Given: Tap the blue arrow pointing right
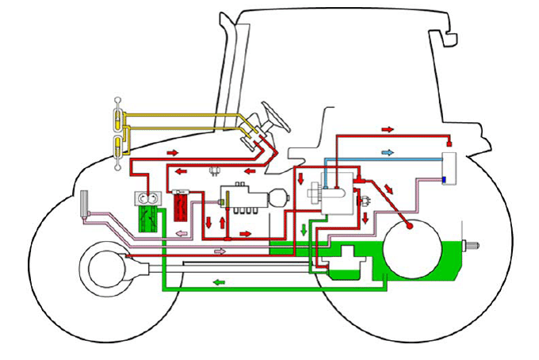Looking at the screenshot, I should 388,151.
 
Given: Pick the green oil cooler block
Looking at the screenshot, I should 147,219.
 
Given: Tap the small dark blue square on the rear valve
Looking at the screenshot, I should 444,179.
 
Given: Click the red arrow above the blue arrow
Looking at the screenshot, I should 388,128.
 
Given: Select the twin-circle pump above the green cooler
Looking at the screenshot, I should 147,199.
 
